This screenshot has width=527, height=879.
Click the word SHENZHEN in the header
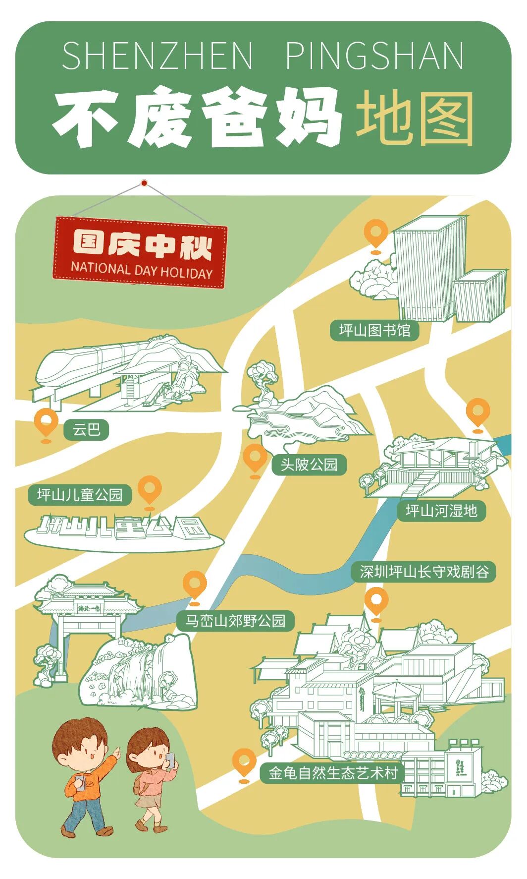coord(158,56)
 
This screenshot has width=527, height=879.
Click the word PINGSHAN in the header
coord(375,56)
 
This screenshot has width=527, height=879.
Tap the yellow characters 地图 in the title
coord(415,119)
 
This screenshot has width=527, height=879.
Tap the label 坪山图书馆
coord(374,330)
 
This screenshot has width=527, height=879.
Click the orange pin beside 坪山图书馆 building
coord(376,233)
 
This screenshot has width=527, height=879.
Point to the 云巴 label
coord(86,429)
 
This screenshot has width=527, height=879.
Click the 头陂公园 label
coord(309,465)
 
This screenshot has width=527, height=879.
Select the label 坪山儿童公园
coord(80,495)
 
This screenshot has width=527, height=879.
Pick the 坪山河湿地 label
coord(441,511)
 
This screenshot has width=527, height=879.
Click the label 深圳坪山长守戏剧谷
coord(424,572)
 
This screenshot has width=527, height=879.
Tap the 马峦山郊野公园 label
coord(236,621)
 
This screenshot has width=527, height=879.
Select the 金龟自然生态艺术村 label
coord(333,773)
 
